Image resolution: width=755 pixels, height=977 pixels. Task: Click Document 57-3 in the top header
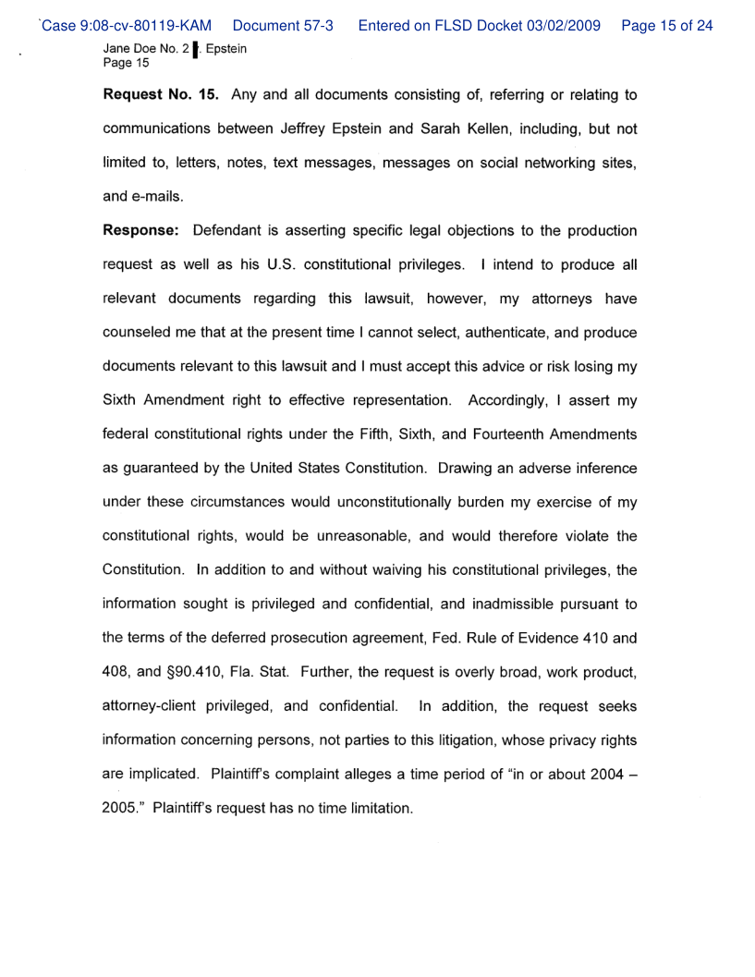(283, 26)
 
